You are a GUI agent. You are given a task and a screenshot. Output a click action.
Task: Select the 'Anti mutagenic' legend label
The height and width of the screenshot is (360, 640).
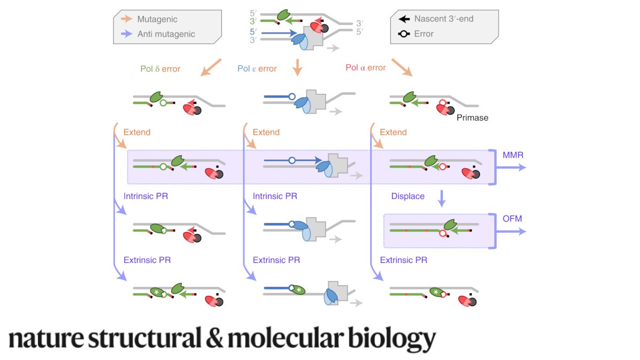(x=166, y=34)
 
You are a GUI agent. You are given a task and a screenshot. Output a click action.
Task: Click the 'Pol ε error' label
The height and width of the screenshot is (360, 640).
(x=257, y=69)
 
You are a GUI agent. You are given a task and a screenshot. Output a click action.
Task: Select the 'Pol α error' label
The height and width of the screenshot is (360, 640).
(x=366, y=68)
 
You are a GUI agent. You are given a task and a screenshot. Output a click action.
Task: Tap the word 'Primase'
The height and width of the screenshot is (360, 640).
(x=472, y=118)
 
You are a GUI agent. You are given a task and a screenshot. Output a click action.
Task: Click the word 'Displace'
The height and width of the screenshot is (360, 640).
(x=407, y=196)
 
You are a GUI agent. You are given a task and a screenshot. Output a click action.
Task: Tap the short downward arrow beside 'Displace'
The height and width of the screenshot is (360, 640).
(x=441, y=198)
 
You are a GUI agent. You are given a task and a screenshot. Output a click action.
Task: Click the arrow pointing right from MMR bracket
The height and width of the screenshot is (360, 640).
(x=515, y=167)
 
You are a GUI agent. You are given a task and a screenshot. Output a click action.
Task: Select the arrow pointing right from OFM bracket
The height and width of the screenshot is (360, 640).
(x=515, y=231)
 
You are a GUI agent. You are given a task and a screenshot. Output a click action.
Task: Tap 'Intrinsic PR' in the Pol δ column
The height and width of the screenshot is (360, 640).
(x=146, y=196)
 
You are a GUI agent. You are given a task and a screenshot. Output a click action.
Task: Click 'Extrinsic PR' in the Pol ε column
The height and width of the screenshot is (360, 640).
(x=276, y=260)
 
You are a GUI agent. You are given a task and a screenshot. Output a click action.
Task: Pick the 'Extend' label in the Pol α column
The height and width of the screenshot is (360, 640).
(x=393, y=132)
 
